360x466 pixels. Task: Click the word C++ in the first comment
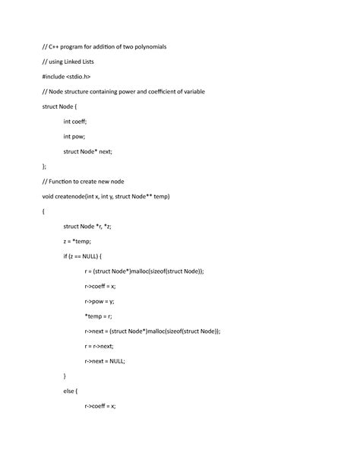[57, 47]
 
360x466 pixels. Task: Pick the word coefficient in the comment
[156, 91]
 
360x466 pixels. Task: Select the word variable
[190, 91]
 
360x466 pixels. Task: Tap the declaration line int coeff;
[75, 121]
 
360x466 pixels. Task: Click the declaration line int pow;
[74, 136]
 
